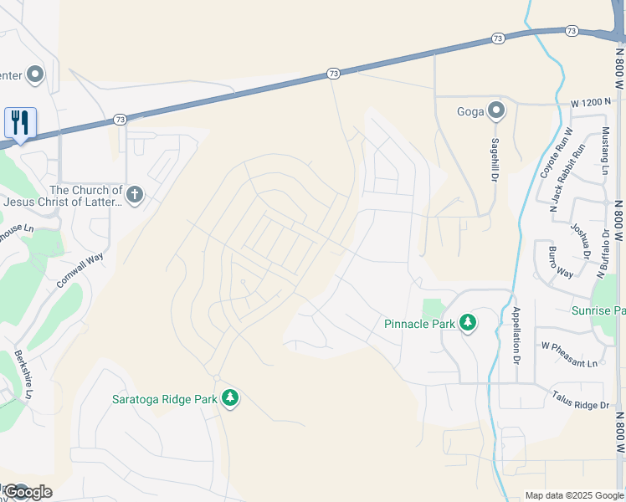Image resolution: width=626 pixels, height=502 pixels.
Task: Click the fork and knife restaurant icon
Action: pos(19,122)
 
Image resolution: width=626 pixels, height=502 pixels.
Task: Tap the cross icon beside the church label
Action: pos(134,196)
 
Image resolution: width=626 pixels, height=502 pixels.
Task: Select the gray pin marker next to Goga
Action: pos(496,110)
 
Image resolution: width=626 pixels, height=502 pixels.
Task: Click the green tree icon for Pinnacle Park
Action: pos(467,323)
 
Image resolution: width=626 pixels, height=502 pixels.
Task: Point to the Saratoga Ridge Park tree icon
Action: pos(231,398)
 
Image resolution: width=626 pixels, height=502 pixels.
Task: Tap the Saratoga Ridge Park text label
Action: pos(164,399)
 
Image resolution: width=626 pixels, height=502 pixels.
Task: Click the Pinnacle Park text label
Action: pos(419,324)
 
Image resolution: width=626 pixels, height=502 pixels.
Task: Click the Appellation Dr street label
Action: pos(516,335)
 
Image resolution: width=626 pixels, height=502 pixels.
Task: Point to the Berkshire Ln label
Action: pos(23,374)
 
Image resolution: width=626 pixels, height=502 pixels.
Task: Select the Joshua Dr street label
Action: pos(579,241)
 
